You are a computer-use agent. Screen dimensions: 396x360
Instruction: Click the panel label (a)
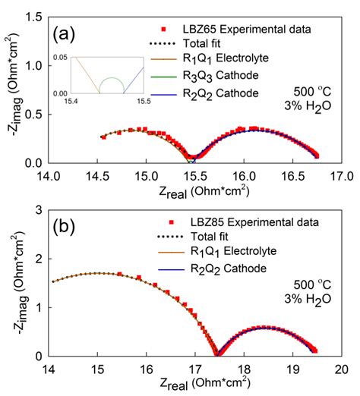click(67, 34)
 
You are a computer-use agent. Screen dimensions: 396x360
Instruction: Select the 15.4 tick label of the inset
click(78, 102)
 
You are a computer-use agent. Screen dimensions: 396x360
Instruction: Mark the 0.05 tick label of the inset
click(61, 57)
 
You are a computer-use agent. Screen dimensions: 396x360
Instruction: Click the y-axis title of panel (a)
click(11, 90)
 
